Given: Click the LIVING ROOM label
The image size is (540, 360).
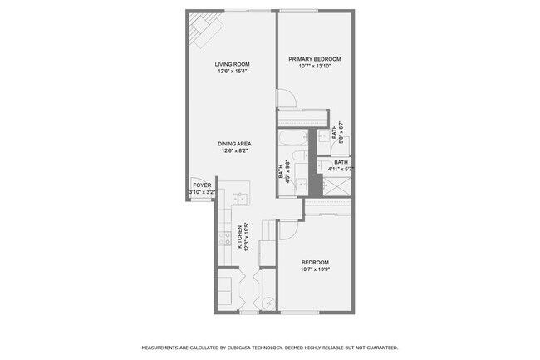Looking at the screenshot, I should [233, 64].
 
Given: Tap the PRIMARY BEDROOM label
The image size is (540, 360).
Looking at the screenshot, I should [315, 59].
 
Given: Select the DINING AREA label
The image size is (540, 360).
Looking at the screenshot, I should [236, 144].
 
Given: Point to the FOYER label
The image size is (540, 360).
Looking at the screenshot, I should [202, 185].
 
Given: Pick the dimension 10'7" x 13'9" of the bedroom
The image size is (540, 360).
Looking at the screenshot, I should [315, 269].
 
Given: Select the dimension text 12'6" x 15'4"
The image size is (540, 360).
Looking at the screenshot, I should [233, 71].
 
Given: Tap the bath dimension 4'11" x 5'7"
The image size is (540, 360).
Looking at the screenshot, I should [341, 169].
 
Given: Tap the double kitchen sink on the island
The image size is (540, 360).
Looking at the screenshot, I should [238, 199].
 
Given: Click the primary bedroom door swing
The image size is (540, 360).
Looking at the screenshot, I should [285, 97].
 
